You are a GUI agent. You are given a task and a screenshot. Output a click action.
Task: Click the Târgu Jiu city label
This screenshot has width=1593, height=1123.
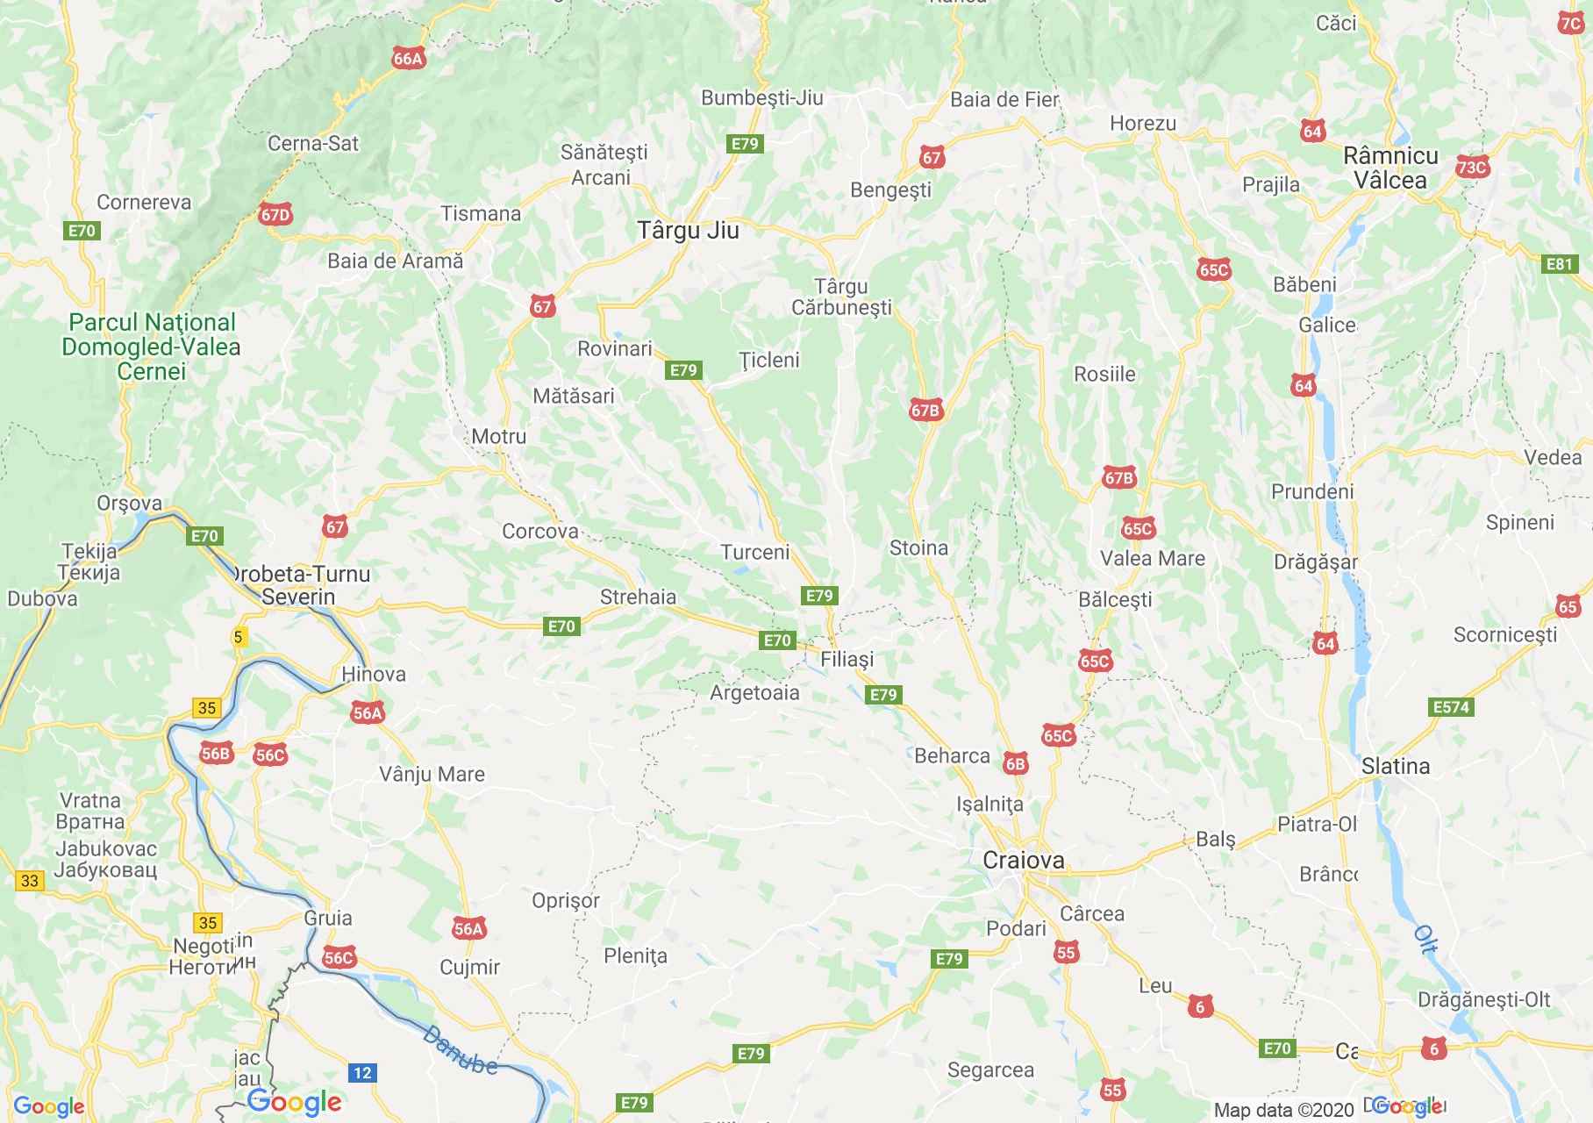tap(688, 231)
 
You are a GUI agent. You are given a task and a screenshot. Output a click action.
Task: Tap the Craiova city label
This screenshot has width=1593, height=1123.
tap(1024, 860)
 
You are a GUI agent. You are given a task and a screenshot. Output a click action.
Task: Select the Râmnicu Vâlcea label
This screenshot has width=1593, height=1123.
tap(1390, 168)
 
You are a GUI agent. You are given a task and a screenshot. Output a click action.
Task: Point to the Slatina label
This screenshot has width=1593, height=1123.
tap(1396, 766)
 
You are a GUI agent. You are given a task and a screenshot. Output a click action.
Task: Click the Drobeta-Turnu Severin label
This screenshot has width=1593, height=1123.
tap(300, 585)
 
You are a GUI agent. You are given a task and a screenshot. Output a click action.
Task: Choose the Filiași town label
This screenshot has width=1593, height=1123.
tap(847, 659)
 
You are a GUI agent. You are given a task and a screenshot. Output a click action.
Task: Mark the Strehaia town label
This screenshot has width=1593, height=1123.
tap(638, 597)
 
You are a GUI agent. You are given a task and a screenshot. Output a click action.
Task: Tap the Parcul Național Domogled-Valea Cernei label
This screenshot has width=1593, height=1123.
tap(151, 347)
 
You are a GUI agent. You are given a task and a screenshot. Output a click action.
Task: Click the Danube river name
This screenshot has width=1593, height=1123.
tap(460, 1050)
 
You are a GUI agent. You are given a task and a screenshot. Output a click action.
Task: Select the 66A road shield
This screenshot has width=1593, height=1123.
tap(409, 59)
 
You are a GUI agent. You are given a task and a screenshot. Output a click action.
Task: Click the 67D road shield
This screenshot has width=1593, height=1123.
tap(275, 214)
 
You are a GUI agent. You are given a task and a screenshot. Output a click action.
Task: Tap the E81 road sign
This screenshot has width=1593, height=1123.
tap(1560, 264)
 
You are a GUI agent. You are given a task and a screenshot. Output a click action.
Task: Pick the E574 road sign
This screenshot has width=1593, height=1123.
tap(1450, 707)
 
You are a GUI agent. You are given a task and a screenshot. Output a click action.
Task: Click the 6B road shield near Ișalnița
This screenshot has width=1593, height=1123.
tap(1015, 764)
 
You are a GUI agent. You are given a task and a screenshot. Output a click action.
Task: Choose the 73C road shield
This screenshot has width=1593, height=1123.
tap(1472, 168)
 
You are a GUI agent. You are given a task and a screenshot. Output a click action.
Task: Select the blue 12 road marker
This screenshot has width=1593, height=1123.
tap(361, 1072)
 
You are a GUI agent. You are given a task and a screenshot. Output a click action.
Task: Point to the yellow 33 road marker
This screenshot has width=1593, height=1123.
tap(30, 880)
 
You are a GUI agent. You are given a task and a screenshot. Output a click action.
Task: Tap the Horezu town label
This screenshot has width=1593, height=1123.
tap(1142, 124)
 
